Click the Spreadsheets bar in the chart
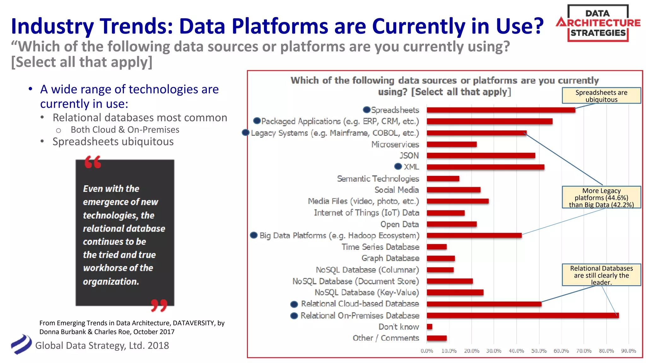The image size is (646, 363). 501,110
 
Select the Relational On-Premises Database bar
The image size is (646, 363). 522,315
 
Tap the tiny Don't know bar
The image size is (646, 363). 429,327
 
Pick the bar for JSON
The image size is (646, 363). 481,156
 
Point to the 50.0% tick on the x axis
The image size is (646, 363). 539,351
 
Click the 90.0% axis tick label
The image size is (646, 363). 628,351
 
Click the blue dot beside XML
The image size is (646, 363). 398,166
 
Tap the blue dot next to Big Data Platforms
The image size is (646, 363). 254,235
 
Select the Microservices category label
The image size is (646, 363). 395,144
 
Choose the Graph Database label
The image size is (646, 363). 390,258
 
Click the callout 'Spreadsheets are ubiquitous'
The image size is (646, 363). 601,96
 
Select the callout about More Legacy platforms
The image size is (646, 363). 601,198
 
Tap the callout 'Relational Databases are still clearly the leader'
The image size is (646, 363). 601,275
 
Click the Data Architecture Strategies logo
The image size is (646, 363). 598,23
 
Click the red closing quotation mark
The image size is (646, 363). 159,305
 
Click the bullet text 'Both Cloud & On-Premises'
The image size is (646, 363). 125,130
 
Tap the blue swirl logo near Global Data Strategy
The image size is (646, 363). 21,344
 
